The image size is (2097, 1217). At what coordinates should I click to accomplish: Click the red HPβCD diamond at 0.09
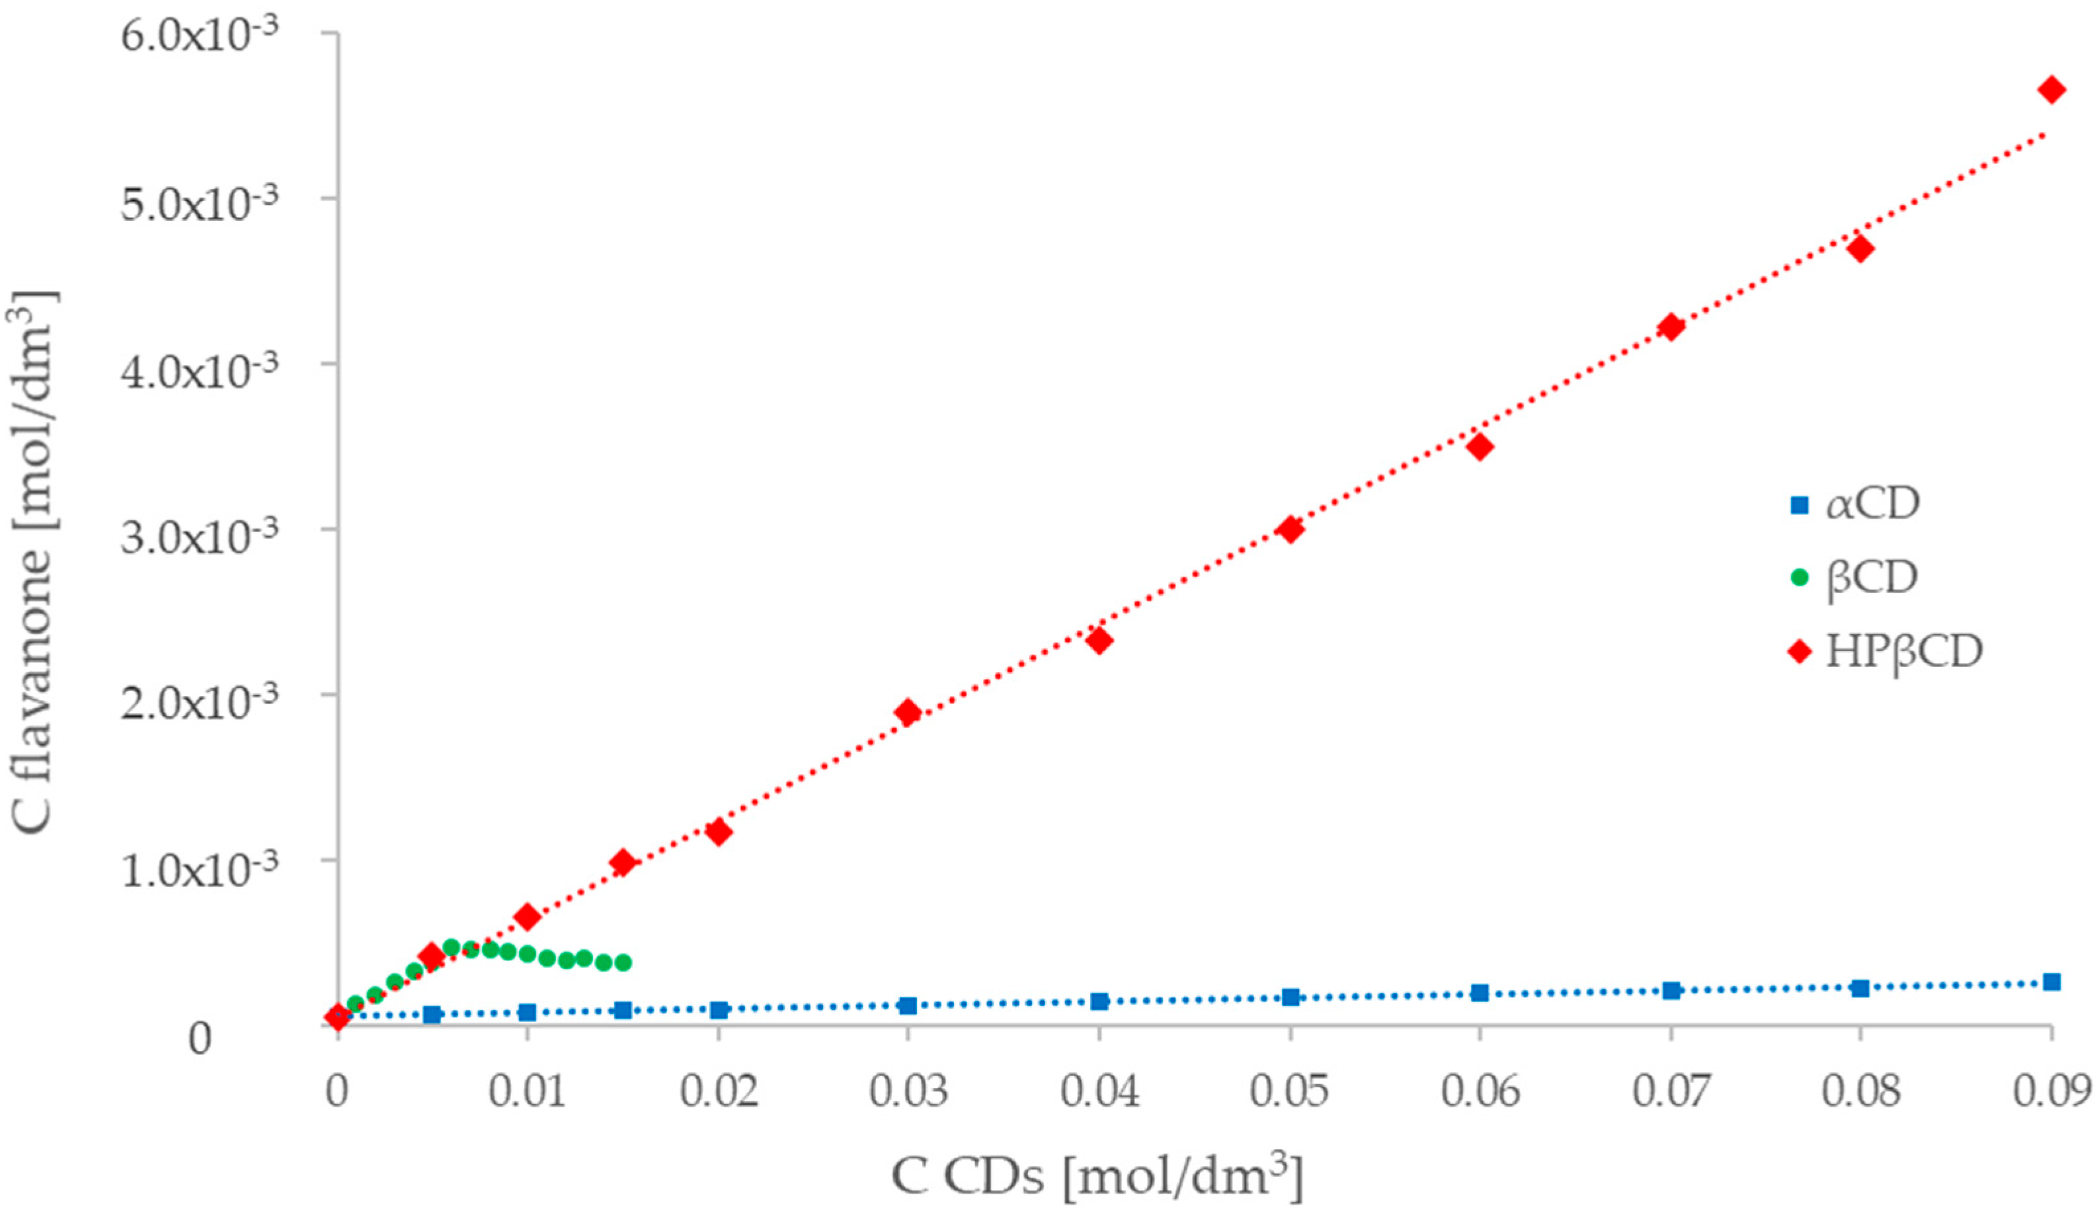[2051, 90]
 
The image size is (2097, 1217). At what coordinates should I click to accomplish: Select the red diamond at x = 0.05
[1290, 529]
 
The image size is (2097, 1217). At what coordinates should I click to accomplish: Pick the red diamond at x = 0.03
[908, 712]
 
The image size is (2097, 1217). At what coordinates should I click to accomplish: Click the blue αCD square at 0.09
[2051, 982]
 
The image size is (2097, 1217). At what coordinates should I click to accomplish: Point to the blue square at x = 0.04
[1099, 1001]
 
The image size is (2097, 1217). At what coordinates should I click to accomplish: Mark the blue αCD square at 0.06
[1480, 992]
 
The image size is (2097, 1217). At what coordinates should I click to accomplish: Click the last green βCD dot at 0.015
[623, 962]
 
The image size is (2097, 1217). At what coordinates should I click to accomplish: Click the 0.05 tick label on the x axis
[1290, 1091]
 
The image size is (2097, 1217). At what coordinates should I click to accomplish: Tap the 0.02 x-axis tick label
[719, 1091]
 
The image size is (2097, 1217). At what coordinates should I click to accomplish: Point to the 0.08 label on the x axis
[1861, 1091]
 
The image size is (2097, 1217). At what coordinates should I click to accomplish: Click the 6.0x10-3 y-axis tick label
[200, 38]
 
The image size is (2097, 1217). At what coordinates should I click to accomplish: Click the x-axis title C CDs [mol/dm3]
[1097, 1177]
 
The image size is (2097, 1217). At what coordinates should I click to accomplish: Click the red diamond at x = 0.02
[718, 832]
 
